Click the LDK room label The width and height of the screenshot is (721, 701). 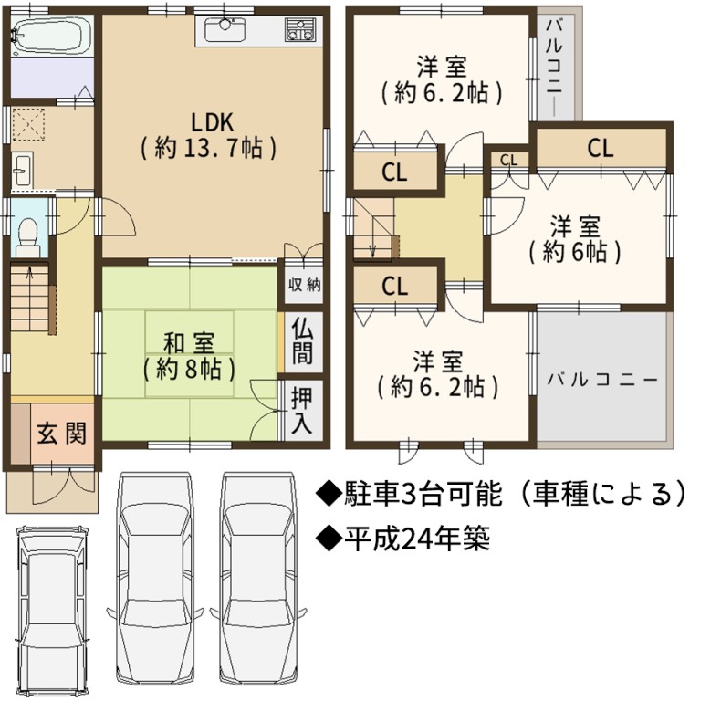[x=209, y=135]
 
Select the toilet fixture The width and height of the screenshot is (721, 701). [x=28, y=237]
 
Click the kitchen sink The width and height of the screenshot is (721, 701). [x=225, y=29]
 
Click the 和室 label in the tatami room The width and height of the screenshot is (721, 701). [x=189, y=342]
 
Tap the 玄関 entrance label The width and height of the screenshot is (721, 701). [x=62, y=434]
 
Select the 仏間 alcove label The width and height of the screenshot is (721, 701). [x=302, y=341]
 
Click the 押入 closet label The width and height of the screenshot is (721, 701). [x=302, y=411]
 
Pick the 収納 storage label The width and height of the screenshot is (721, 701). [x=305, y=285]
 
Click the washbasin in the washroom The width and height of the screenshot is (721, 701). [x=21, y=170]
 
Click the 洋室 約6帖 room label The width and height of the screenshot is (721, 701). [x=575, y=240]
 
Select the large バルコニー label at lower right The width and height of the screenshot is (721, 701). [x=602, y=381]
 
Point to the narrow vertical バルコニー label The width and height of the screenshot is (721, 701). [x=555, y=65]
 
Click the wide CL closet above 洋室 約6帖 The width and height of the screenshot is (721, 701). [x=601, y=148]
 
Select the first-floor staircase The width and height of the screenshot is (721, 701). [x=29, y=298]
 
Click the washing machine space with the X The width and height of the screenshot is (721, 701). [x=28, y=124]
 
